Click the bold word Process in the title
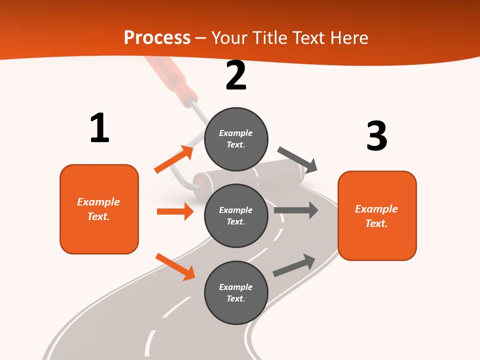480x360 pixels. click(x=157, y=37)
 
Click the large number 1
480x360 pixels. click(x=99, y=128)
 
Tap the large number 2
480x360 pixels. click(x=236, y=75)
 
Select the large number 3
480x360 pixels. click(x=376, y=135)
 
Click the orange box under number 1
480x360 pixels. click(x=99, y=209)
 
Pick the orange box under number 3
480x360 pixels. click(x=377, y=215)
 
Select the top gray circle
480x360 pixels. click(x=236, y=138)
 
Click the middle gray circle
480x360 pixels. click(x=236, y=215)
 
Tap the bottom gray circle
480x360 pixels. click(x=236, y=292)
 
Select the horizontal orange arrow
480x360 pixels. click(x=175, y=211)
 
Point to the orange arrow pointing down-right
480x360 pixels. click(x=175, y=266)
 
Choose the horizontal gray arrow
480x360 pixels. click(x=296, y=210)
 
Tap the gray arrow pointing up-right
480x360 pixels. click(x=294, y=265)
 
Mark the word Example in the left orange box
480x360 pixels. click(x=98, y=202)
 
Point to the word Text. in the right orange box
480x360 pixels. click(x=376, y=223)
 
